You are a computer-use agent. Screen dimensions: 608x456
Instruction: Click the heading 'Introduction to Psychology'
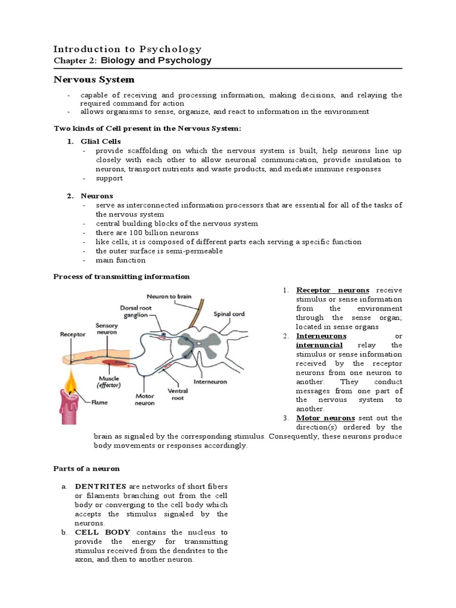[x=128, y=49]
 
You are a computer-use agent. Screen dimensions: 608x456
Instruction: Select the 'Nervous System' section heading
[x=94, y=80]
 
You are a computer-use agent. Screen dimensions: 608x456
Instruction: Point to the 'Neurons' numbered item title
[x=97, y=196]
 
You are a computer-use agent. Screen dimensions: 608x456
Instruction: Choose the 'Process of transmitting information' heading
[x=122, y=276]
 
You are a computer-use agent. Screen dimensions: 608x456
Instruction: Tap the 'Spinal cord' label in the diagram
[x=229, y=314]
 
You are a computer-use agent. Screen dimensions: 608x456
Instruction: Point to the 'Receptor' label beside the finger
[x=73, y=334]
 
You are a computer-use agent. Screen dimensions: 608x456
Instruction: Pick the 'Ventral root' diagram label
[x=179, y=395]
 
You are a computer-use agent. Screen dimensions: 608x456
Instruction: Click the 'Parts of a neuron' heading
[x=87, y=468]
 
